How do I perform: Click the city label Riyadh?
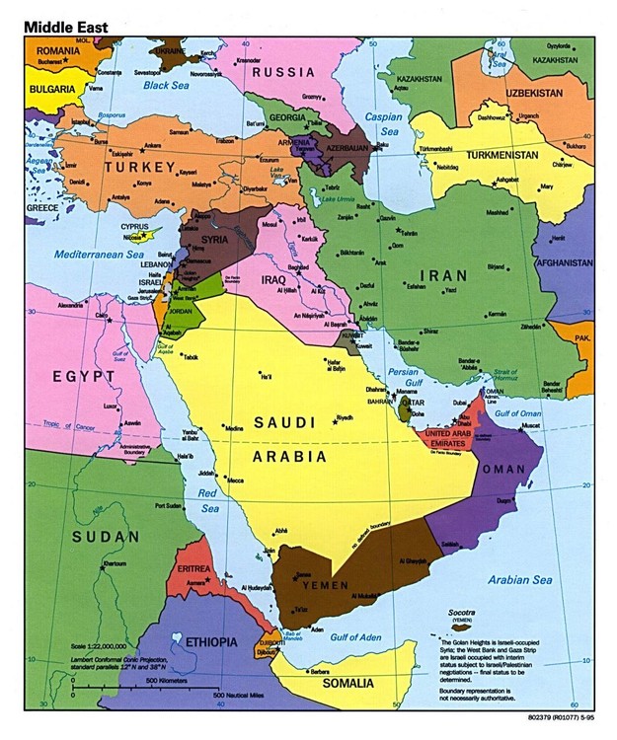coord(345,418)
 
